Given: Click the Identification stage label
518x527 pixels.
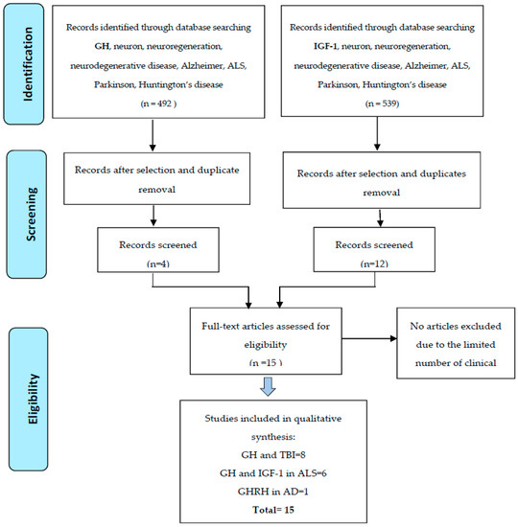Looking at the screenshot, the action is (28, 64).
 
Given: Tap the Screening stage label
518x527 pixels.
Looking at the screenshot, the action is (32, 214).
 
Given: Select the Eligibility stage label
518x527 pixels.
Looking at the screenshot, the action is (34, 399).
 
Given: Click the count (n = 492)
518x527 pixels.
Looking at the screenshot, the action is (158, 103).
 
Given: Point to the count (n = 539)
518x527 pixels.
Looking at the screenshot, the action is (382, 103).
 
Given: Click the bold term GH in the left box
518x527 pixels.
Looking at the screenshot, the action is (102, 46).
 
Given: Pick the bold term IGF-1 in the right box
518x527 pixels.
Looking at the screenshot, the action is (325, 46).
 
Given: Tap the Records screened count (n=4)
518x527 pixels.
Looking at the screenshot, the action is (158, 263).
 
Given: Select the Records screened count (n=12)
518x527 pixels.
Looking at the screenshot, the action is (374, 263).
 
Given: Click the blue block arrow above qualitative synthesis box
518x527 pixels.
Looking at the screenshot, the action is (268, 386).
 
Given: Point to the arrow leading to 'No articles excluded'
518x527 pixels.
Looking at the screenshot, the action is (369, 338).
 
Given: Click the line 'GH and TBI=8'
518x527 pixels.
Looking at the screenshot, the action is (273, 455).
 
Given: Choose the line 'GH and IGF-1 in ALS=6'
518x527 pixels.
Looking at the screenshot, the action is (273, 473).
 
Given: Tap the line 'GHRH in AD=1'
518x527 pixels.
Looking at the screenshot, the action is (273, 492).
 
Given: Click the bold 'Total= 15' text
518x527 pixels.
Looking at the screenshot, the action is (273, 510).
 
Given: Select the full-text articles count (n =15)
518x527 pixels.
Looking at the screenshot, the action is (266, 362).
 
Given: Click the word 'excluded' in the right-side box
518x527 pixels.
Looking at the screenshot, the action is (481, 326).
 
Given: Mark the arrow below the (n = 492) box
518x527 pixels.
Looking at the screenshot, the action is (153, 134).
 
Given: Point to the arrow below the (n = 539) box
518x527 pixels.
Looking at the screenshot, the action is (377, 133).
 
